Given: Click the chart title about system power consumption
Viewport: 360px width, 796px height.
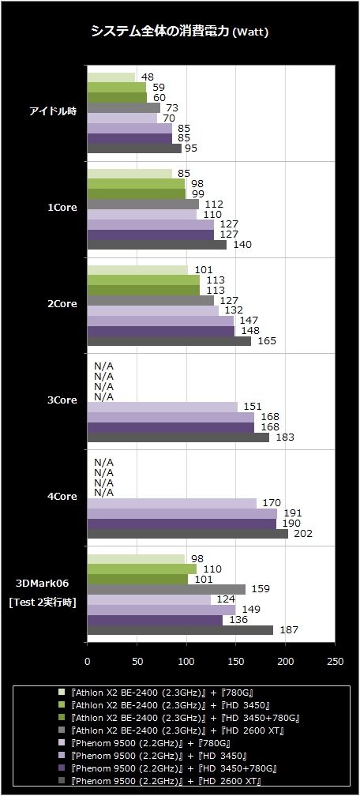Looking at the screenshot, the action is (179, 32).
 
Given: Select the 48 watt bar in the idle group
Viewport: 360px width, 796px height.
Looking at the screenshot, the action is (111, 77).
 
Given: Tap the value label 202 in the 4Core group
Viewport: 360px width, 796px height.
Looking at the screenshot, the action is (302, 534).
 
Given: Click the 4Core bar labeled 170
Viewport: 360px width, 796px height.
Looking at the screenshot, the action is (171, 503).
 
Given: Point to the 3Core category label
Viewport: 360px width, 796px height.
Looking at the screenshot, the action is (62, 400).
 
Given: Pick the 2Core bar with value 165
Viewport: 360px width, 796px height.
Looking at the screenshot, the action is (169, 341).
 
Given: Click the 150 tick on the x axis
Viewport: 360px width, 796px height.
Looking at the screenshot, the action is (236, 662).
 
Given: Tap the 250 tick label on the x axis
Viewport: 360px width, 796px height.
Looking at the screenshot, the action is (335, 662).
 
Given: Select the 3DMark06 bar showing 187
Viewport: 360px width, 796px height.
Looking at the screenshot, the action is (180, 630).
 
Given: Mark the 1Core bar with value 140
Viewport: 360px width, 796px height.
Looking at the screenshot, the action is (157, 245).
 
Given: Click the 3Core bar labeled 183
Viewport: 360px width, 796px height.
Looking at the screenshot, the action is (178, 437).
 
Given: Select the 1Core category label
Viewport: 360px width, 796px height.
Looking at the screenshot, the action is (62, 208).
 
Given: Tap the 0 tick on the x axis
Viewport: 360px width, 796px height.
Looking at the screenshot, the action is (88, 662).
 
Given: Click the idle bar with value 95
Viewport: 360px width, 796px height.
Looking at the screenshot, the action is (134, 148).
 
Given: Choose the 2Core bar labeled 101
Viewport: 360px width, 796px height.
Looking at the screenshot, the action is (137, 270).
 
